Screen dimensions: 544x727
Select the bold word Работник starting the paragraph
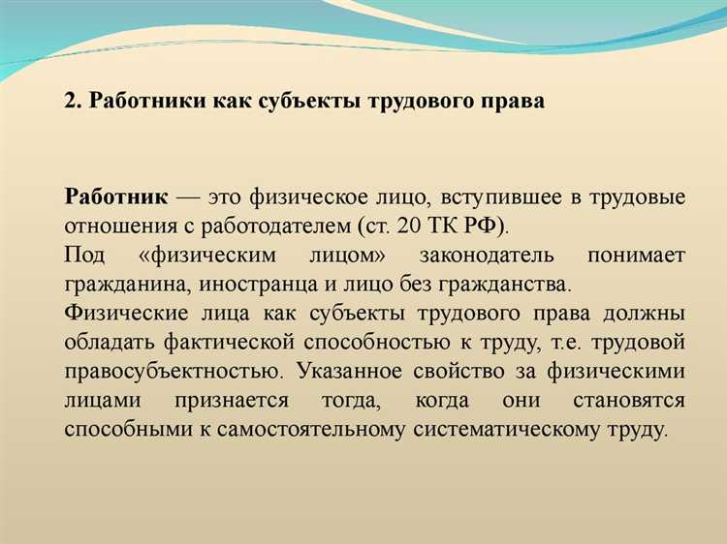[x=117, y=198]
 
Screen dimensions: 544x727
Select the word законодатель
[x=487, y=257]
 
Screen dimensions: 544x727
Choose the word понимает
[x=636, y=257]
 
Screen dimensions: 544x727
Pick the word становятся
[x=634, y=401]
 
